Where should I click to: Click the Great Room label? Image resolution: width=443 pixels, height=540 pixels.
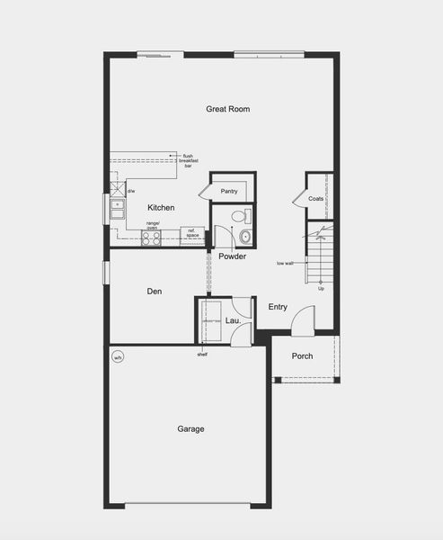coord(227,109)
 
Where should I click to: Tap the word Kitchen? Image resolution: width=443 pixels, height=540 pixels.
coord(161,208)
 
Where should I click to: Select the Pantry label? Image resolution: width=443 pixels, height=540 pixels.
coord(229,191)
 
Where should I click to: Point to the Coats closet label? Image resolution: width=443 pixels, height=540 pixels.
coord(316,198)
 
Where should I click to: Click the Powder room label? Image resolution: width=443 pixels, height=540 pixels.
coord(232,256)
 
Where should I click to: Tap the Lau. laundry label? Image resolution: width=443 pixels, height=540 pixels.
coord(233,320)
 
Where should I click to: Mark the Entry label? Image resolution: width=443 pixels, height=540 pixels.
coord(278,307)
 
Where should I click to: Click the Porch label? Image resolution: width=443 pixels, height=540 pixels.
coord(303,356)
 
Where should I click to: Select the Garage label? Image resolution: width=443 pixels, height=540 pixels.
coord(190,429)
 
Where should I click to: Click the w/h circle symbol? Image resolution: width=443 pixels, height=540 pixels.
coord(117,357)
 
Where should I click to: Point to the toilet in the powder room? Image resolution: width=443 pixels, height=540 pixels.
coord(238,216)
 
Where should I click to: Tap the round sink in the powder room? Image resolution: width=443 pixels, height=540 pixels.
coord(244,238)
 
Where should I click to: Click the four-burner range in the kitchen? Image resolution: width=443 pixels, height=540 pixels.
coord(150,238)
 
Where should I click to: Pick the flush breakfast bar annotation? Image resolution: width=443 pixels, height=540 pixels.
coord(189,161)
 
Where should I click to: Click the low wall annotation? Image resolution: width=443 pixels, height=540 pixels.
coord(286,264)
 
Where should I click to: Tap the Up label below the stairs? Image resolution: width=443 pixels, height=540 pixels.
coord(321,288)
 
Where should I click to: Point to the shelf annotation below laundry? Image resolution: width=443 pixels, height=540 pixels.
coord(203,354)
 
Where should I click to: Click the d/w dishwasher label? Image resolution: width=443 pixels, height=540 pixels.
coord(131,191)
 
